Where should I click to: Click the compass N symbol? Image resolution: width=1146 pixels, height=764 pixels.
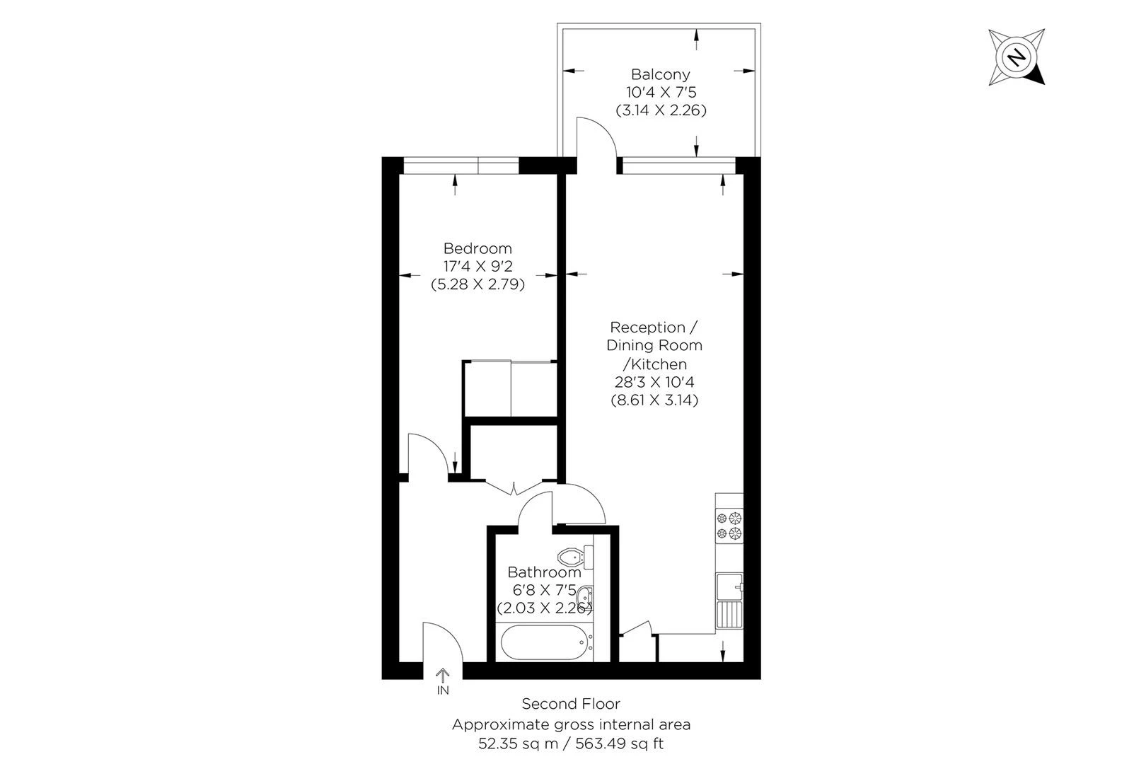coord(1017,57)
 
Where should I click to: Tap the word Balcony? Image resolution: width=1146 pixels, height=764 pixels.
coord(660,74)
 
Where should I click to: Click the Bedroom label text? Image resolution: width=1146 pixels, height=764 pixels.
coord(477,248)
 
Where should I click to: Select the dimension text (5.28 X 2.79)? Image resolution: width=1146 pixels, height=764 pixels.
coord(477,285)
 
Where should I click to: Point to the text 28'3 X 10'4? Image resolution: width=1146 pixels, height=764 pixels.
coord(654,382)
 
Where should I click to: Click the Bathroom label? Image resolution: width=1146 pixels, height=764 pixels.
coord(544,572)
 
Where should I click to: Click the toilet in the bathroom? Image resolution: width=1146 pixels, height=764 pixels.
coord(572,555)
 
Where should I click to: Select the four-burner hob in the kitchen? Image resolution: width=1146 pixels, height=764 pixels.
coord(729,526)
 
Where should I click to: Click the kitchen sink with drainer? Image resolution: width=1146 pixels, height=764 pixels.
coord(729,601)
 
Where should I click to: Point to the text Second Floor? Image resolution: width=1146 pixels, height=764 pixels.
coord(571,704)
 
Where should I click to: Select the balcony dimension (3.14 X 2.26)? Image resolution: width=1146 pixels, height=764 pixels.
coord(661,110)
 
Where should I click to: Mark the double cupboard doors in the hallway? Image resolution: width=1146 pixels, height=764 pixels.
coord(514,487)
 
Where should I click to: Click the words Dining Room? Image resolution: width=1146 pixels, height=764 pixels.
coord(654,345)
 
